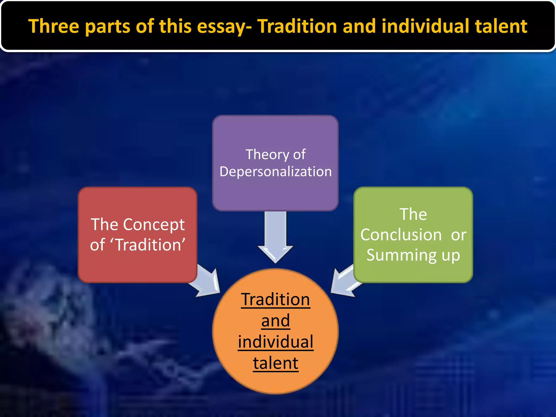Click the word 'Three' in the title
[54, 26]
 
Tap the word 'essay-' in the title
[224, 27]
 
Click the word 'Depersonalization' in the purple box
[276, 172]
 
